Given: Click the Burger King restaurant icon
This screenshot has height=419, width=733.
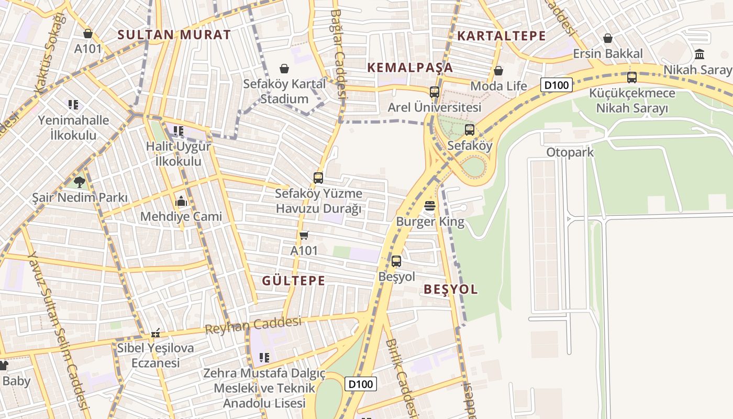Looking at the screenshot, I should click(430, 206).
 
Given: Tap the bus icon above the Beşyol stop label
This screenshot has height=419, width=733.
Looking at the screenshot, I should click(396, 261).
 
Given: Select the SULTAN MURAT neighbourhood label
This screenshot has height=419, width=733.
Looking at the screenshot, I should click(174, 35).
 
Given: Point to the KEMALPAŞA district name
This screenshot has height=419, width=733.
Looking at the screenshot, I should click(410, 68).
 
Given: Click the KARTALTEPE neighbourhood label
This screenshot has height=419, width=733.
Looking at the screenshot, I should click(502, 36).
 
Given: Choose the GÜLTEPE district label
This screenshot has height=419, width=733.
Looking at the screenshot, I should click(293, 281).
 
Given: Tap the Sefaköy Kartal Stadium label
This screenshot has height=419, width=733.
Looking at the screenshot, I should click(284, 91).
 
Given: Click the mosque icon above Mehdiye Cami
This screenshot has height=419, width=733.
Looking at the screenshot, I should click(181, 201).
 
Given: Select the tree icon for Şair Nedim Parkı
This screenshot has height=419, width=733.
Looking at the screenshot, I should click(80, 182).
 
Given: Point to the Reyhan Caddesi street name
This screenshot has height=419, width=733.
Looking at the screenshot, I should click(253, 325).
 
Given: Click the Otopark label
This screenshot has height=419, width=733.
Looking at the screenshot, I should click(570, 152).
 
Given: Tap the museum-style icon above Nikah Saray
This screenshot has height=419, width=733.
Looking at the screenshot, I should click(699, 54).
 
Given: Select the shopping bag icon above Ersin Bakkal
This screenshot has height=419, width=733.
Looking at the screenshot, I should click(607, 38).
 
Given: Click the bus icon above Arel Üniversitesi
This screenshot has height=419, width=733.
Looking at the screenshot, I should click(434, 92).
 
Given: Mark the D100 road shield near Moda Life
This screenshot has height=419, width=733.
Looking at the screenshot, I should click(557, 85).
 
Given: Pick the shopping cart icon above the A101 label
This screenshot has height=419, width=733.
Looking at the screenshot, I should click(304, 235).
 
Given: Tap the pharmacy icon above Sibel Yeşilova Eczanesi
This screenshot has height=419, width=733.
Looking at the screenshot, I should click(156, 333).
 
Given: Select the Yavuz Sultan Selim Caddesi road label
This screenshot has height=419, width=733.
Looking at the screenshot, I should click(57, 330).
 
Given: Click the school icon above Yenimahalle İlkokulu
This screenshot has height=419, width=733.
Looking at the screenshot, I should click(73, 105).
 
